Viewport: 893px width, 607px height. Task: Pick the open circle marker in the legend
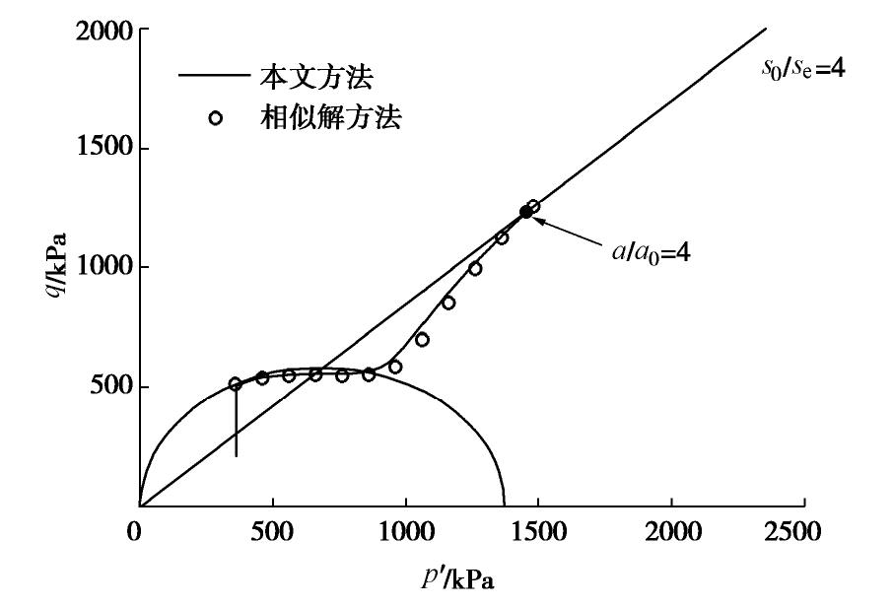coord(216,119)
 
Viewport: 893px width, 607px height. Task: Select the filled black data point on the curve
coord(525,212)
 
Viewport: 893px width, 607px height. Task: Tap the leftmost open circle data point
coord(235,384)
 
